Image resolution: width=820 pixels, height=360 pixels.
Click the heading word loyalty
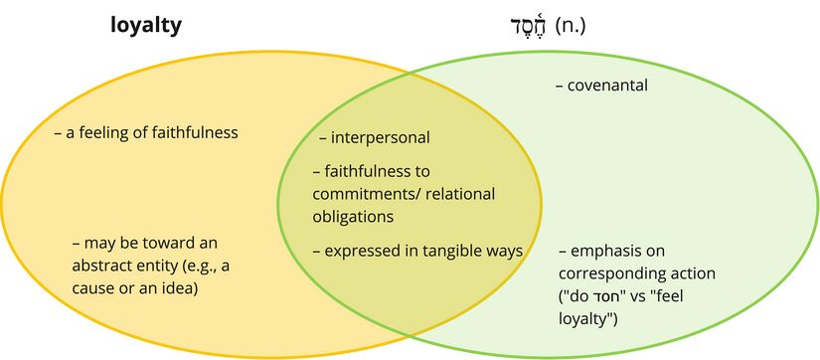(145, 26)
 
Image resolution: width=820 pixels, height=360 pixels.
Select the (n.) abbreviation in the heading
(571, 26)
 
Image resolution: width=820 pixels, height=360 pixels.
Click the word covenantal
(607, 86)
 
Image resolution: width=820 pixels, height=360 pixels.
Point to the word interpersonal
(381, 138)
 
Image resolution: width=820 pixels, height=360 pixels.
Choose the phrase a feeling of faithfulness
(152, 131)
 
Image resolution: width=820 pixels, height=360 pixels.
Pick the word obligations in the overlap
(353, 216)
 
